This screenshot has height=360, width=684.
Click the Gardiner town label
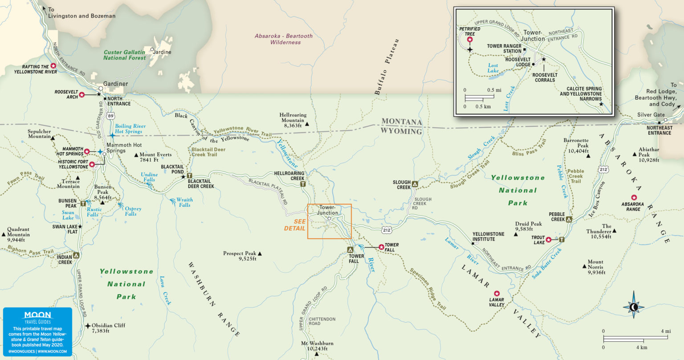pos(115,84)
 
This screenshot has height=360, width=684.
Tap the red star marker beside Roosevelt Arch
pos(81,95)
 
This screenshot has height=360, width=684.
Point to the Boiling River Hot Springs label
pos(130,129)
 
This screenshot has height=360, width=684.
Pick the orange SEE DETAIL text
pos(295,225)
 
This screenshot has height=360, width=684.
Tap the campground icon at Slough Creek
pos(415,183)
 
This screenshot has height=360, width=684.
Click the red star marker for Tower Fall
pos(381,247)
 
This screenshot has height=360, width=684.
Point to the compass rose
pos(634,307)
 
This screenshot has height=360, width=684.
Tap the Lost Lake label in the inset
pos(493,68)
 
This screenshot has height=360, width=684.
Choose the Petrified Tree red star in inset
pos(469,40)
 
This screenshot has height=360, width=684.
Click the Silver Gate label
pos(651,115)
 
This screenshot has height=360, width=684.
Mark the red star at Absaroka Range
pos(634,198)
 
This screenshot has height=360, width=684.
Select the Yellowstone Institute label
pos(488,236)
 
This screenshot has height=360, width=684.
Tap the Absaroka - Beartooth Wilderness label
pos(284,39)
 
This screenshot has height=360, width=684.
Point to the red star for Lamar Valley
pos(497,293)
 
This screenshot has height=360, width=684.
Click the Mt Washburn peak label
pos(317,346)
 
